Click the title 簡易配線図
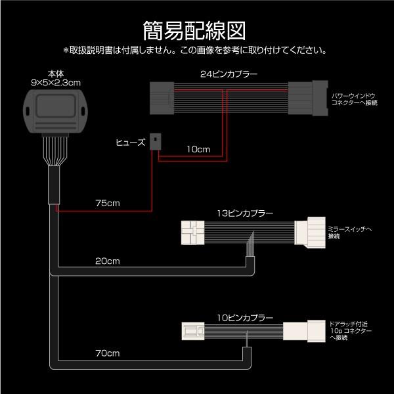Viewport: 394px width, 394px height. [196, 30]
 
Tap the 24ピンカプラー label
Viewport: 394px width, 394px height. [229, 74]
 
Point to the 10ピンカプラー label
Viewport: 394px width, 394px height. [244, 316]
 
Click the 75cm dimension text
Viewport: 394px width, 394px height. [107, 201]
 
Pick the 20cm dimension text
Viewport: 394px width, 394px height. [107, 261]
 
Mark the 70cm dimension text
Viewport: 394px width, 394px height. [107, 355]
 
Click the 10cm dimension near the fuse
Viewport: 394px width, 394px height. [198, 149]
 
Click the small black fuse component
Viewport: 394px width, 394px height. [156, 139]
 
